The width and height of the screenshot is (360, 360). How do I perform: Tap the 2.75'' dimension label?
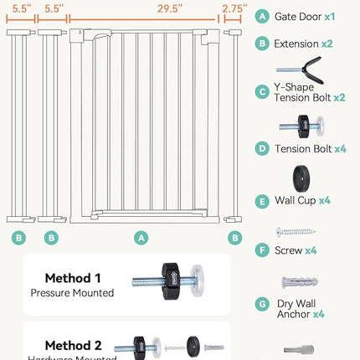point(234,7)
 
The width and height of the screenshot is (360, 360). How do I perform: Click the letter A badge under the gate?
point(141,239)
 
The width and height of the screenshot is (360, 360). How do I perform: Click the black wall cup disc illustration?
point(299,178)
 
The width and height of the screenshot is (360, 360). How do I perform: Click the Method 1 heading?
point(74,278)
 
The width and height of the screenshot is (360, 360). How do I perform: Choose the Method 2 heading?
point(74,344)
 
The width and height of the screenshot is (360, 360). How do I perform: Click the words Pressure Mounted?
point(72,293)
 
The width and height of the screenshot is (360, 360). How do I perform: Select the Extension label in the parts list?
point(296,43)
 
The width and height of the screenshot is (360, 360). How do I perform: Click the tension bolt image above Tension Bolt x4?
point(299,127)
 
